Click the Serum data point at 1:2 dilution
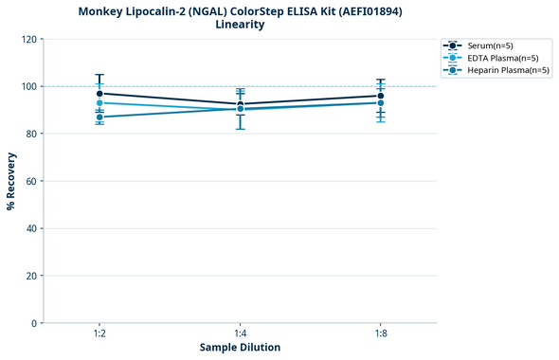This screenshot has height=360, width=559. [99, 94]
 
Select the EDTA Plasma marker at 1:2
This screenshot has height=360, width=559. [99, 103]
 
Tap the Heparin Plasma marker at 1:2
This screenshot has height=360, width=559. [99, 117]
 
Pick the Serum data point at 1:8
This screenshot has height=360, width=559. [381, 96]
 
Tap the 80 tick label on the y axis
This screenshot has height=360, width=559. [31, 135]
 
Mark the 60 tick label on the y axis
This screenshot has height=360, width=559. [31, 182]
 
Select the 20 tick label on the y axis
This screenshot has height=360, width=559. [31, 276]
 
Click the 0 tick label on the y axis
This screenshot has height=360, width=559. [34, 323]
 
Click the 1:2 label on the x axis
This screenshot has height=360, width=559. [99, 334]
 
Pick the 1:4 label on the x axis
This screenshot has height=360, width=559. [240, 334]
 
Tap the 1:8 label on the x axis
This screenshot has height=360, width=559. [381, 334]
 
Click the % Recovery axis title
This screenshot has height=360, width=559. [11, 181]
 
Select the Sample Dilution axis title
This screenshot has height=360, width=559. [240, 348]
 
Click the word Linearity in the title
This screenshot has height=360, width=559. [240, 25]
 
